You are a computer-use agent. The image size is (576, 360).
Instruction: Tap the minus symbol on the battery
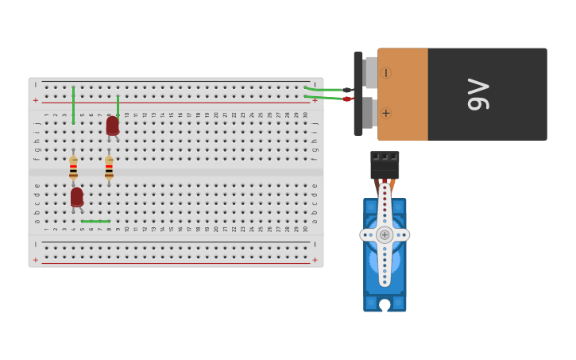click(386, 73)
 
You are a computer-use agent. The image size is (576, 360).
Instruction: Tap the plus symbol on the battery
click(386, 113)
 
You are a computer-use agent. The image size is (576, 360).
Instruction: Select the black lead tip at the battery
click(347, 90)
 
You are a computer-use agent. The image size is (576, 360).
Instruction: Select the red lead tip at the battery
click(347, 99)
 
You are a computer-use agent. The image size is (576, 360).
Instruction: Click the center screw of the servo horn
click(385, 234)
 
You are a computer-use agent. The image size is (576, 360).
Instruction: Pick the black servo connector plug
click(385, 165)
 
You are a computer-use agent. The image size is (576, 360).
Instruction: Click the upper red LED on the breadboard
click(113, 126)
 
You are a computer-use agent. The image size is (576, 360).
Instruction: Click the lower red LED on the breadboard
click(77, 196)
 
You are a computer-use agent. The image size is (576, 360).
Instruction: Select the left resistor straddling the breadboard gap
click(73, 167)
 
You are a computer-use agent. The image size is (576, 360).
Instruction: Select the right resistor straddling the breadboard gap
click(109, 167)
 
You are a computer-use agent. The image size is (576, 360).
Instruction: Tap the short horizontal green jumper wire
click(95, 221)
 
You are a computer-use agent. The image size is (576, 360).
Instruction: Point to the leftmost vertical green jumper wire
click(73, 105)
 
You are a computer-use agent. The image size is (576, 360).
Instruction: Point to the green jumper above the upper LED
click(118, 105)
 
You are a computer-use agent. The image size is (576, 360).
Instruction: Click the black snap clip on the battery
click(358, 93)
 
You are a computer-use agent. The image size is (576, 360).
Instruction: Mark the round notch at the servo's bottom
click(385, 304)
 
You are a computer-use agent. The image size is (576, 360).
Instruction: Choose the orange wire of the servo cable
click(392, 186)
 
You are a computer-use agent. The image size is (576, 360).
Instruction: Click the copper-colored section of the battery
click(403, 94)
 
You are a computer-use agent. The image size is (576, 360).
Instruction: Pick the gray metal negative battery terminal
click(370, 72)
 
